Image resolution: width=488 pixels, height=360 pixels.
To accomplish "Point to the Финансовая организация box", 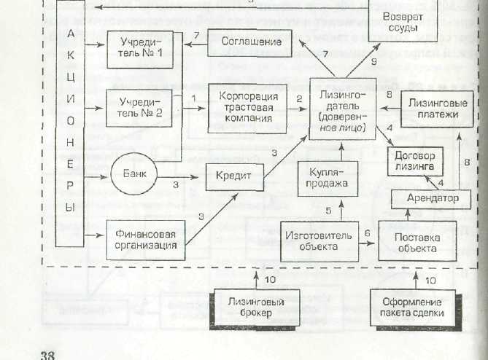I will coord(144,240).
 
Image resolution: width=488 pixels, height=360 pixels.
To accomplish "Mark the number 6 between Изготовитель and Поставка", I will coord(368,232).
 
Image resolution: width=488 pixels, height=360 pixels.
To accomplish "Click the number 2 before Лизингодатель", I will coord(298,98).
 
